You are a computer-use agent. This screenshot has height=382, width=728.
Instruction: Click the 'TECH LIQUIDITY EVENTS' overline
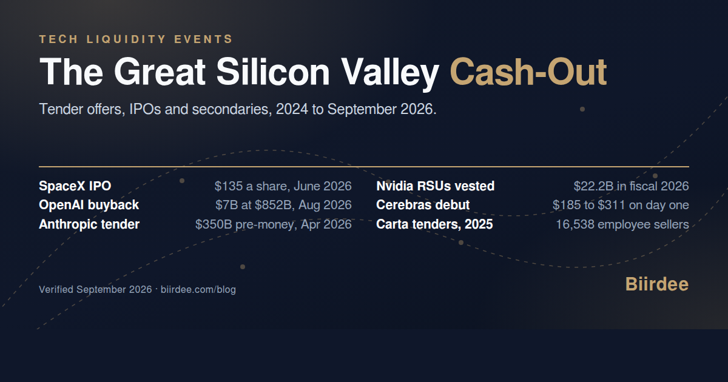(136, 39)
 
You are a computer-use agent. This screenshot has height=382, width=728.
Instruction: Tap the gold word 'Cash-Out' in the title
(528, 72)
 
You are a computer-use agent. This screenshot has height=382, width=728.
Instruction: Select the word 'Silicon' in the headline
(273, 72)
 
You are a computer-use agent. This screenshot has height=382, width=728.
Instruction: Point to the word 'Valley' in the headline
(390, 75)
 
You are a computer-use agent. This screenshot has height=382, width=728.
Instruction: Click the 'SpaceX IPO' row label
(75, 186)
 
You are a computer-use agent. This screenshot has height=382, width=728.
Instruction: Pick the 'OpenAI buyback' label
(89, 206)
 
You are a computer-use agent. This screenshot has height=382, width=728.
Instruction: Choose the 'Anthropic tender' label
(89, 224)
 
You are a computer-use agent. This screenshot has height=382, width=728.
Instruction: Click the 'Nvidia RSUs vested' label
(435, 186)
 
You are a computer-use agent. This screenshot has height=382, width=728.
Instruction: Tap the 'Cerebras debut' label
(423, 205)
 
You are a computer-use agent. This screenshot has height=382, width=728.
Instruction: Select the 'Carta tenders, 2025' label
(434, 224)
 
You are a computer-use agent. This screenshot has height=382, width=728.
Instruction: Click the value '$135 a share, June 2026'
(283, 186)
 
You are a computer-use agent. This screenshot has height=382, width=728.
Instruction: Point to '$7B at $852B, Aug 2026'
(283, 206)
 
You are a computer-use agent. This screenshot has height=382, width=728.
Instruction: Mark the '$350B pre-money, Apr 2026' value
(274, 224)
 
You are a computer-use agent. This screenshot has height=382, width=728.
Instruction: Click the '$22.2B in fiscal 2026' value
(631, 186)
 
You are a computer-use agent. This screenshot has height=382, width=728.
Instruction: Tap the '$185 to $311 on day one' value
(621, 206)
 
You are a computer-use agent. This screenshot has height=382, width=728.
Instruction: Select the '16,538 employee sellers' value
(622, 224)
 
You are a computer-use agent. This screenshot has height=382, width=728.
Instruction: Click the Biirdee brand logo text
(657, 284)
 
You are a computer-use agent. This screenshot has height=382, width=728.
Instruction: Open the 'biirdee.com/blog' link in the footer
(198, 289)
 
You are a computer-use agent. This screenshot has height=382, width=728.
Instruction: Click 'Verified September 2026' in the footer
(95, 289)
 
